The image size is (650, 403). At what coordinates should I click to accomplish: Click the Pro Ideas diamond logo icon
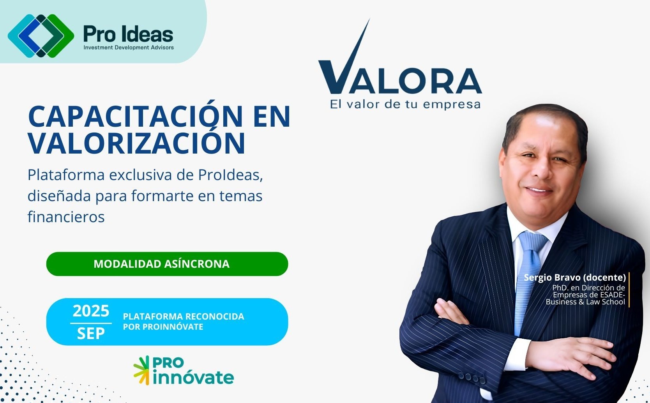pyautogui.click(x=41, y=36)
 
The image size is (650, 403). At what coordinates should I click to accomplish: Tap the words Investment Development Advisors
pyautogui.click(x=129, y=48)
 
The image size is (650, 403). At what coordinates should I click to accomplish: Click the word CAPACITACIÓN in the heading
pyautogui.click(x=135, y=116)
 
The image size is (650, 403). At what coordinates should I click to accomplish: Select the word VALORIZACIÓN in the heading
pyautogui.click(x=137, y=143)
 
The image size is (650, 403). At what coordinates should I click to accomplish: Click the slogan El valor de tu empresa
pyautogui.click(x=405, y=104)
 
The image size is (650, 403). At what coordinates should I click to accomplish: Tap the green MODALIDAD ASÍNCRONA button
pyautogui.click(x=167, y=264)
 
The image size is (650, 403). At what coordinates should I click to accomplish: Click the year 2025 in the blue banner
pyautogui.click(x=91, y=311)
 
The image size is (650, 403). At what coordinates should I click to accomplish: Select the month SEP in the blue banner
pyautogui.click(x=91, y=334)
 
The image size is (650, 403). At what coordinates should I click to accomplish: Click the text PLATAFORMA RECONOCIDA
pyautogui.click(x=184, y=316)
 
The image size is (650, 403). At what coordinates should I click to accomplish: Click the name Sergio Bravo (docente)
pyautogui.click(x=575, y=278)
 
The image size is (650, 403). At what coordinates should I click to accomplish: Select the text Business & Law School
pyautogui.click(x=585, y=302)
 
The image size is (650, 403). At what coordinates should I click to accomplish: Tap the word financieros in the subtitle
pyautogui.click(x=66, y=217)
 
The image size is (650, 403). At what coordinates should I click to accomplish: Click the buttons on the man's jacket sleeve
pyautogui.click(x=472, y=377)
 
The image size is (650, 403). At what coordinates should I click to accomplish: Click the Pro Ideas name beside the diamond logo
pyautogui.click(x=128, y=34)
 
